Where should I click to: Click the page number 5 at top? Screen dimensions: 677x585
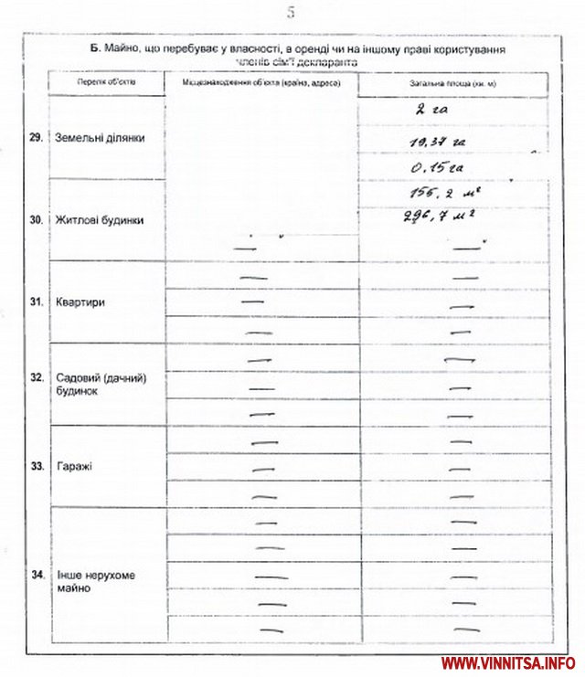click(291, 13)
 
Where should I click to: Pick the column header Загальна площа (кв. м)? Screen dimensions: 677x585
click(453, 84)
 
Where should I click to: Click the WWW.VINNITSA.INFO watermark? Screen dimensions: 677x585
click(507, 662)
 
